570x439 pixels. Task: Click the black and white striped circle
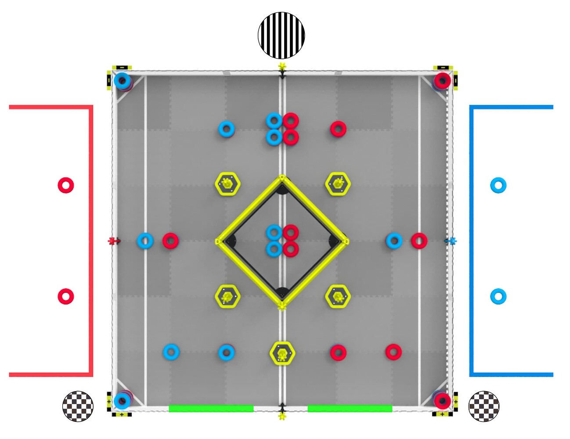281,36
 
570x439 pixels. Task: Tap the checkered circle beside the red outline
78,406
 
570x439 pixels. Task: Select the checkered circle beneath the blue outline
483,406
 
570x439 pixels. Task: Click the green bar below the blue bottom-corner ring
211,408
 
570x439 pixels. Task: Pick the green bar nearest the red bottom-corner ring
350,408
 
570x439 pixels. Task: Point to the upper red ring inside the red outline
66,185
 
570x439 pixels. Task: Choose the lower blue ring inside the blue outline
498,296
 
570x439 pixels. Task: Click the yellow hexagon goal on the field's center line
282,353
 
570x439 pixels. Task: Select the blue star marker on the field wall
451,241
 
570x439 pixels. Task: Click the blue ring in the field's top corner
123,81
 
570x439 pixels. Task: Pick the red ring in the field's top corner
442,81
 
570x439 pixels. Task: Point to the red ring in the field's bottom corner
442,400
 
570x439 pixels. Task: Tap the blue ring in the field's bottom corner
122,400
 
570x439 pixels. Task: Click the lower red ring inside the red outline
66,296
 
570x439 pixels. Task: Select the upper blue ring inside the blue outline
498,185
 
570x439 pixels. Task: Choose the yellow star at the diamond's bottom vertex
282,305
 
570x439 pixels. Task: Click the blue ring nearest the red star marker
145,241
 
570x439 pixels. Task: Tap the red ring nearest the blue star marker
419,241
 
